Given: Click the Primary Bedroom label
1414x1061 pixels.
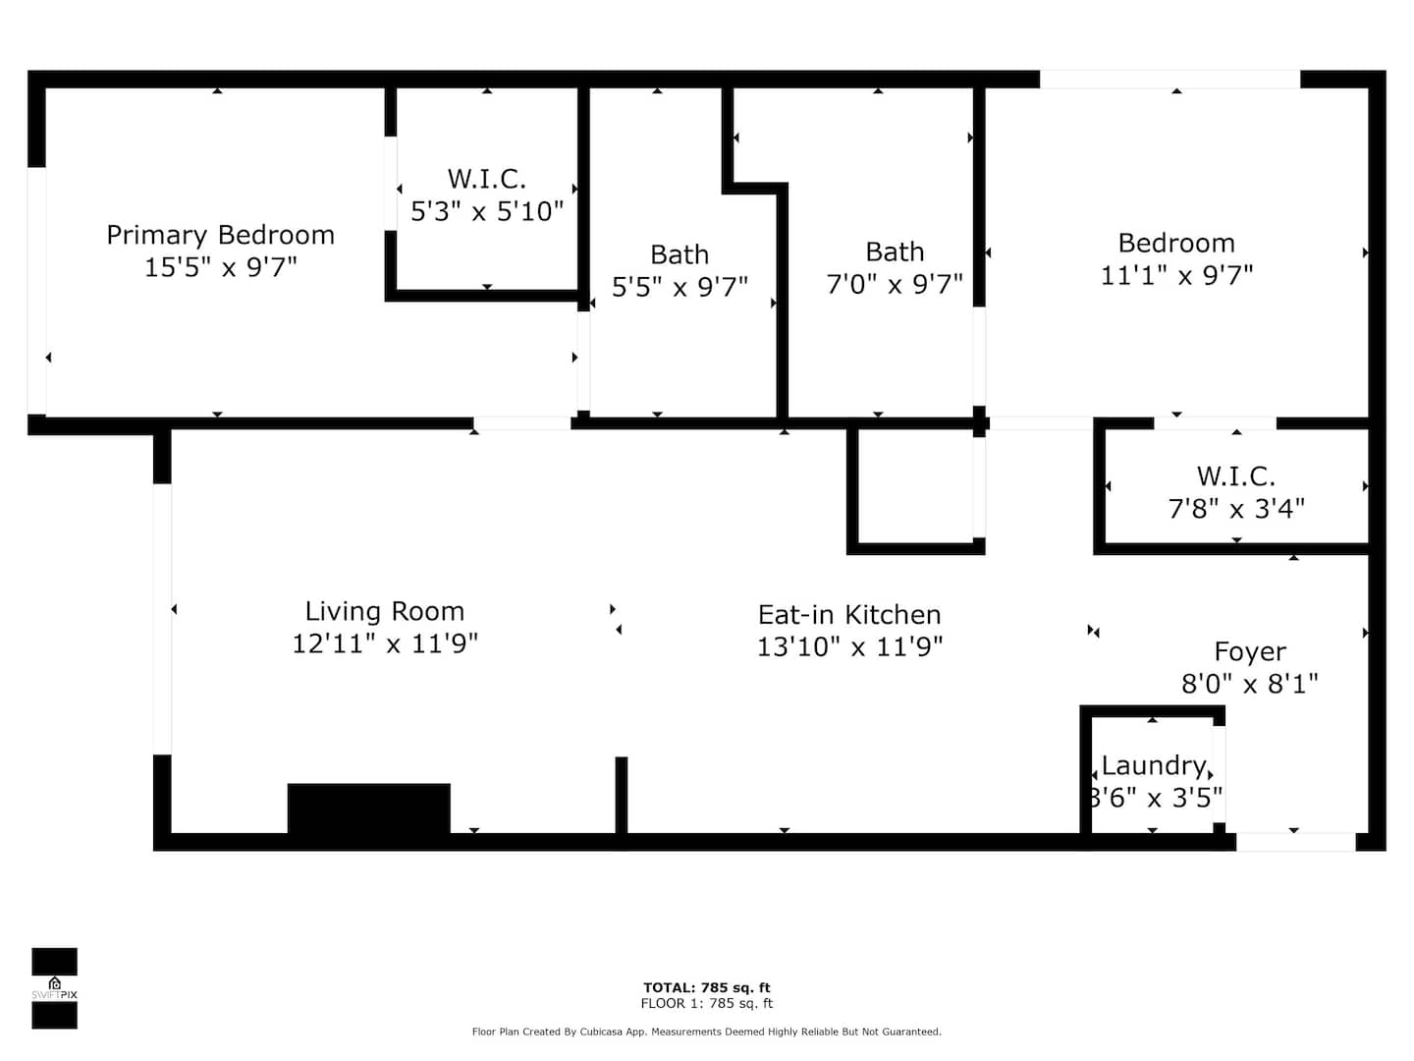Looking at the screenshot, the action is [x=220, y=236].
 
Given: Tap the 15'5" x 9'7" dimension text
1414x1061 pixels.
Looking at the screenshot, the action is [x=220, y=266].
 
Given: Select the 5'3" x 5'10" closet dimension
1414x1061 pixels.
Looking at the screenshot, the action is [x=487, y=210].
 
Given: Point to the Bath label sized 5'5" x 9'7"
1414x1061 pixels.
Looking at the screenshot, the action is [x=680, y=254].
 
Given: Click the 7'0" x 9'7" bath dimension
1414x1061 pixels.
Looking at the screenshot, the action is [x=895, y=284].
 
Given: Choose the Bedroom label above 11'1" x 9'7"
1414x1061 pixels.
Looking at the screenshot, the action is [x=1176, y=244].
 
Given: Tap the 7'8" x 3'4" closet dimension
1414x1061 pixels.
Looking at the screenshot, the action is [x=1236, y=508].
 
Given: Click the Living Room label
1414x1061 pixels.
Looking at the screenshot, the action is [x=385, y=611].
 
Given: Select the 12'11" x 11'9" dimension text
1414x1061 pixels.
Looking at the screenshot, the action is [x=385, y=643].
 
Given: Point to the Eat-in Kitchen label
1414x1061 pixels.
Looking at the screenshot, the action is [x=849, y=615].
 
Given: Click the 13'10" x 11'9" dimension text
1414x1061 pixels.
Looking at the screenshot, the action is [x=849, y=646].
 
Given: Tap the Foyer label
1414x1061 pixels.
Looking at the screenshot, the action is [x=1250, y=651].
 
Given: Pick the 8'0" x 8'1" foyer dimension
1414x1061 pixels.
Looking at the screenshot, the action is [x=1250, y=683].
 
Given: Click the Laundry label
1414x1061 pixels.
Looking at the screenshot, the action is [x=1154, y=766].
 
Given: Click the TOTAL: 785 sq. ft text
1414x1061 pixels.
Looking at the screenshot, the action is [x=707, y=987].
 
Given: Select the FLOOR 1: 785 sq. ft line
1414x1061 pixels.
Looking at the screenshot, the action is [x=707, y=1003].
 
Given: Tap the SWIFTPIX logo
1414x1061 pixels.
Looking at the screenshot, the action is [x=54, y=988].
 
